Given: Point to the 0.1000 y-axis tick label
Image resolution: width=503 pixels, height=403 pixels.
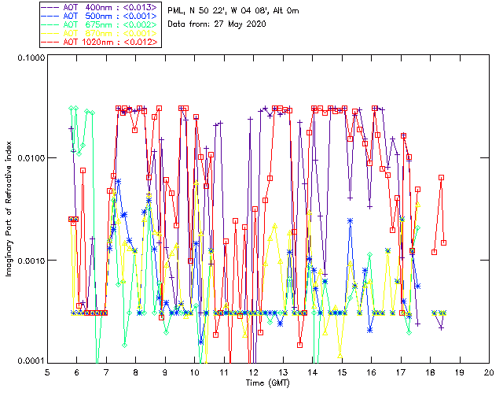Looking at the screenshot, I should tap(30, 58).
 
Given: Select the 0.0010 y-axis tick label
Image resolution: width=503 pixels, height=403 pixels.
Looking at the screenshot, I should tap(30, 261).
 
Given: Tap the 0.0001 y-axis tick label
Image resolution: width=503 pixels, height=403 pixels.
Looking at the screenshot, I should tap(30, 361).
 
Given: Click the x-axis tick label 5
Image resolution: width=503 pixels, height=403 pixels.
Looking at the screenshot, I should tap(48, 372).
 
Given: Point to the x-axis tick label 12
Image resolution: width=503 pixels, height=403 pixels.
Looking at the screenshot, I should tap(253, 372).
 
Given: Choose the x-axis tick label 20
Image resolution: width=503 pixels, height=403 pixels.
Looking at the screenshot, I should tap(489, 372).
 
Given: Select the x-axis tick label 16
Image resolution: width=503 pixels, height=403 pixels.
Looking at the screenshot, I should tap(371, 372).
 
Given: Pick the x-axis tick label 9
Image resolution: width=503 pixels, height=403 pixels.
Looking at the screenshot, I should tap(165, 372).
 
